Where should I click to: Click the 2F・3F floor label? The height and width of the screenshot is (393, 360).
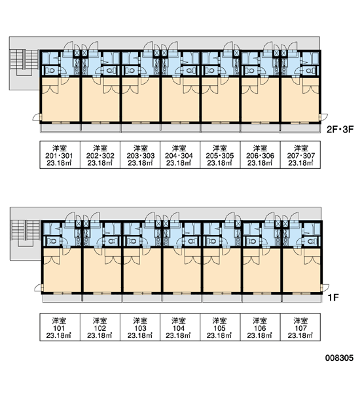[x=340, y=129]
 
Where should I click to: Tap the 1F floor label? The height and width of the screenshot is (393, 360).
[x=333, y=297]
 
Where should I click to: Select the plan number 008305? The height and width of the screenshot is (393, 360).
[x=340, y=358]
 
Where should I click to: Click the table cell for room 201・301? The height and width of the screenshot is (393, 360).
[x=60, y=155]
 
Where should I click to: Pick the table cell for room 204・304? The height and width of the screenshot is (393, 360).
[x=180, y=155]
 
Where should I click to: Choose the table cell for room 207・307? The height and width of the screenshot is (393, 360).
[x=300, y=155]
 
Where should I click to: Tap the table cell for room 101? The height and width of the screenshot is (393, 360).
[x=60, y=327]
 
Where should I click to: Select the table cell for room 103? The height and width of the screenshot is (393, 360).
[x=140, y=327]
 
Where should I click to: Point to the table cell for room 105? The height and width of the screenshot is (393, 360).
[x=220, y=327]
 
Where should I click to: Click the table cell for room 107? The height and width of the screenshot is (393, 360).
[x=300, y=327]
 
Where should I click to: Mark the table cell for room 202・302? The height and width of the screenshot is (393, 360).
[x=100, y=155]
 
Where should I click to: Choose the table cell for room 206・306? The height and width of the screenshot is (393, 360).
[x=261, y=155]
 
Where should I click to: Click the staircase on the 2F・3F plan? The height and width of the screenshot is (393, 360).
[x=24, y=62]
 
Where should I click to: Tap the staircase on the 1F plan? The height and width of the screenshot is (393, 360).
[x=26, y=233]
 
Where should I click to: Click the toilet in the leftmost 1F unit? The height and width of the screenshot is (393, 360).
[x=52, y=241]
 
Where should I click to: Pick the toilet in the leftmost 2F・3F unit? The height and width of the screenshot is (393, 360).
[x=51, y=71]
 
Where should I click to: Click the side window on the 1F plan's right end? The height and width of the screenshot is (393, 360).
[x=325, y=288]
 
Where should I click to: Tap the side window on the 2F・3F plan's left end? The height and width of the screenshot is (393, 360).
[x=37, y=117]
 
